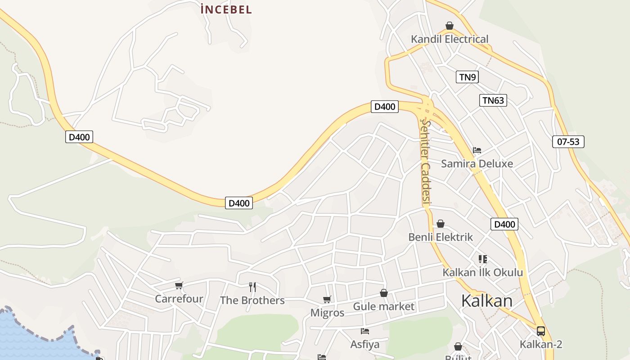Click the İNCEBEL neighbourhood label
point(226,9)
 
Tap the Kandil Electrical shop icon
point(449,26)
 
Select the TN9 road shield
point(467,77)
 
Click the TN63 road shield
point(493,100)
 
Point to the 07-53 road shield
point(568,142)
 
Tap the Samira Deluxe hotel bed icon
point(477,150)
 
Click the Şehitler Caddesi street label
point(425,162)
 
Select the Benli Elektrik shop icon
point(441,224)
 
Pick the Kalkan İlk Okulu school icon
point(482,259)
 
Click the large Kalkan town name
point(486,301)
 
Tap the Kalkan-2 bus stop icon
point(541,331)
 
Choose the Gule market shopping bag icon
point(383,293)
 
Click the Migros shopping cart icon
point(327,299)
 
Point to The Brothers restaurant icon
point(252,287)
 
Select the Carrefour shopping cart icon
point(179,285)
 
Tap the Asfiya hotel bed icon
point(365,331)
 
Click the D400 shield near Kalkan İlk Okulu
point(504,224)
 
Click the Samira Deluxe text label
point(477,163)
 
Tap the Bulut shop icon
point(458,346)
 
